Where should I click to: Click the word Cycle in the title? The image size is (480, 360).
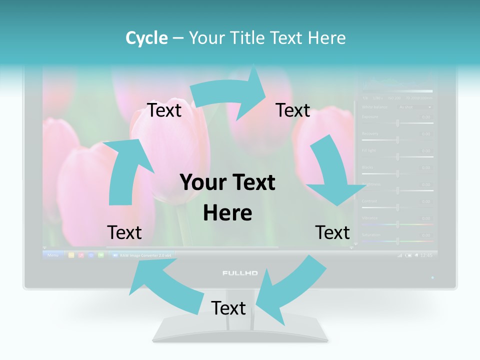point(146,38)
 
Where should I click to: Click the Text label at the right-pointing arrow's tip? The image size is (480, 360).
point(293,110)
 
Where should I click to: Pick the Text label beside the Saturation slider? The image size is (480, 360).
point(332,233)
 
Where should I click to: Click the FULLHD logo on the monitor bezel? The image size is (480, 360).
point(240,273)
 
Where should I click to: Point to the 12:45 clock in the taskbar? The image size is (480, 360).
point(426,255)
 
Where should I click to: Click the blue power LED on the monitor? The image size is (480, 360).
point(432,277)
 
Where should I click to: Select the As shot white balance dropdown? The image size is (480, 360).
point(414,107)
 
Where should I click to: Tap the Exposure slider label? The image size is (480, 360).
point(370,117)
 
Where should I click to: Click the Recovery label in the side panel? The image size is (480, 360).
point(370,134)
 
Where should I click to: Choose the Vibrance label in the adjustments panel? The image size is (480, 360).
point(370,218)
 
